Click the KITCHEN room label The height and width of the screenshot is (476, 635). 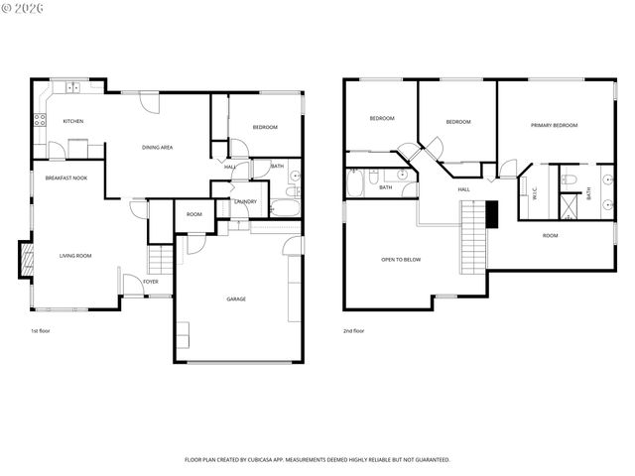(73, 121)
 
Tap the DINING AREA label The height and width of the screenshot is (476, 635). (158, 147)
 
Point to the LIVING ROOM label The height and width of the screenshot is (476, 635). (75, 256)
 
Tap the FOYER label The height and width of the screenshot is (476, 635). (150, 282)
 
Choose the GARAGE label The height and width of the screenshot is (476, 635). (236, 298)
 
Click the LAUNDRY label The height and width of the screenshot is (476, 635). (245, 201)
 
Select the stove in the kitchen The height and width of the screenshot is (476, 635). (40, 122)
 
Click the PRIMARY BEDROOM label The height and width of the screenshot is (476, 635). (554, 125)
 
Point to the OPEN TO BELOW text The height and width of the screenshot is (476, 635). (401, 259)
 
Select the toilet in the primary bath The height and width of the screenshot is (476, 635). (568, 180)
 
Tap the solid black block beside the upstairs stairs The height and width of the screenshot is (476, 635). (490, 212)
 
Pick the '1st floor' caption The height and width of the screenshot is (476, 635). (41, 330)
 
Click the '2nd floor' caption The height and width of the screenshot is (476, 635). (353, 330)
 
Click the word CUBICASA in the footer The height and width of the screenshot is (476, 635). (269, 459)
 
